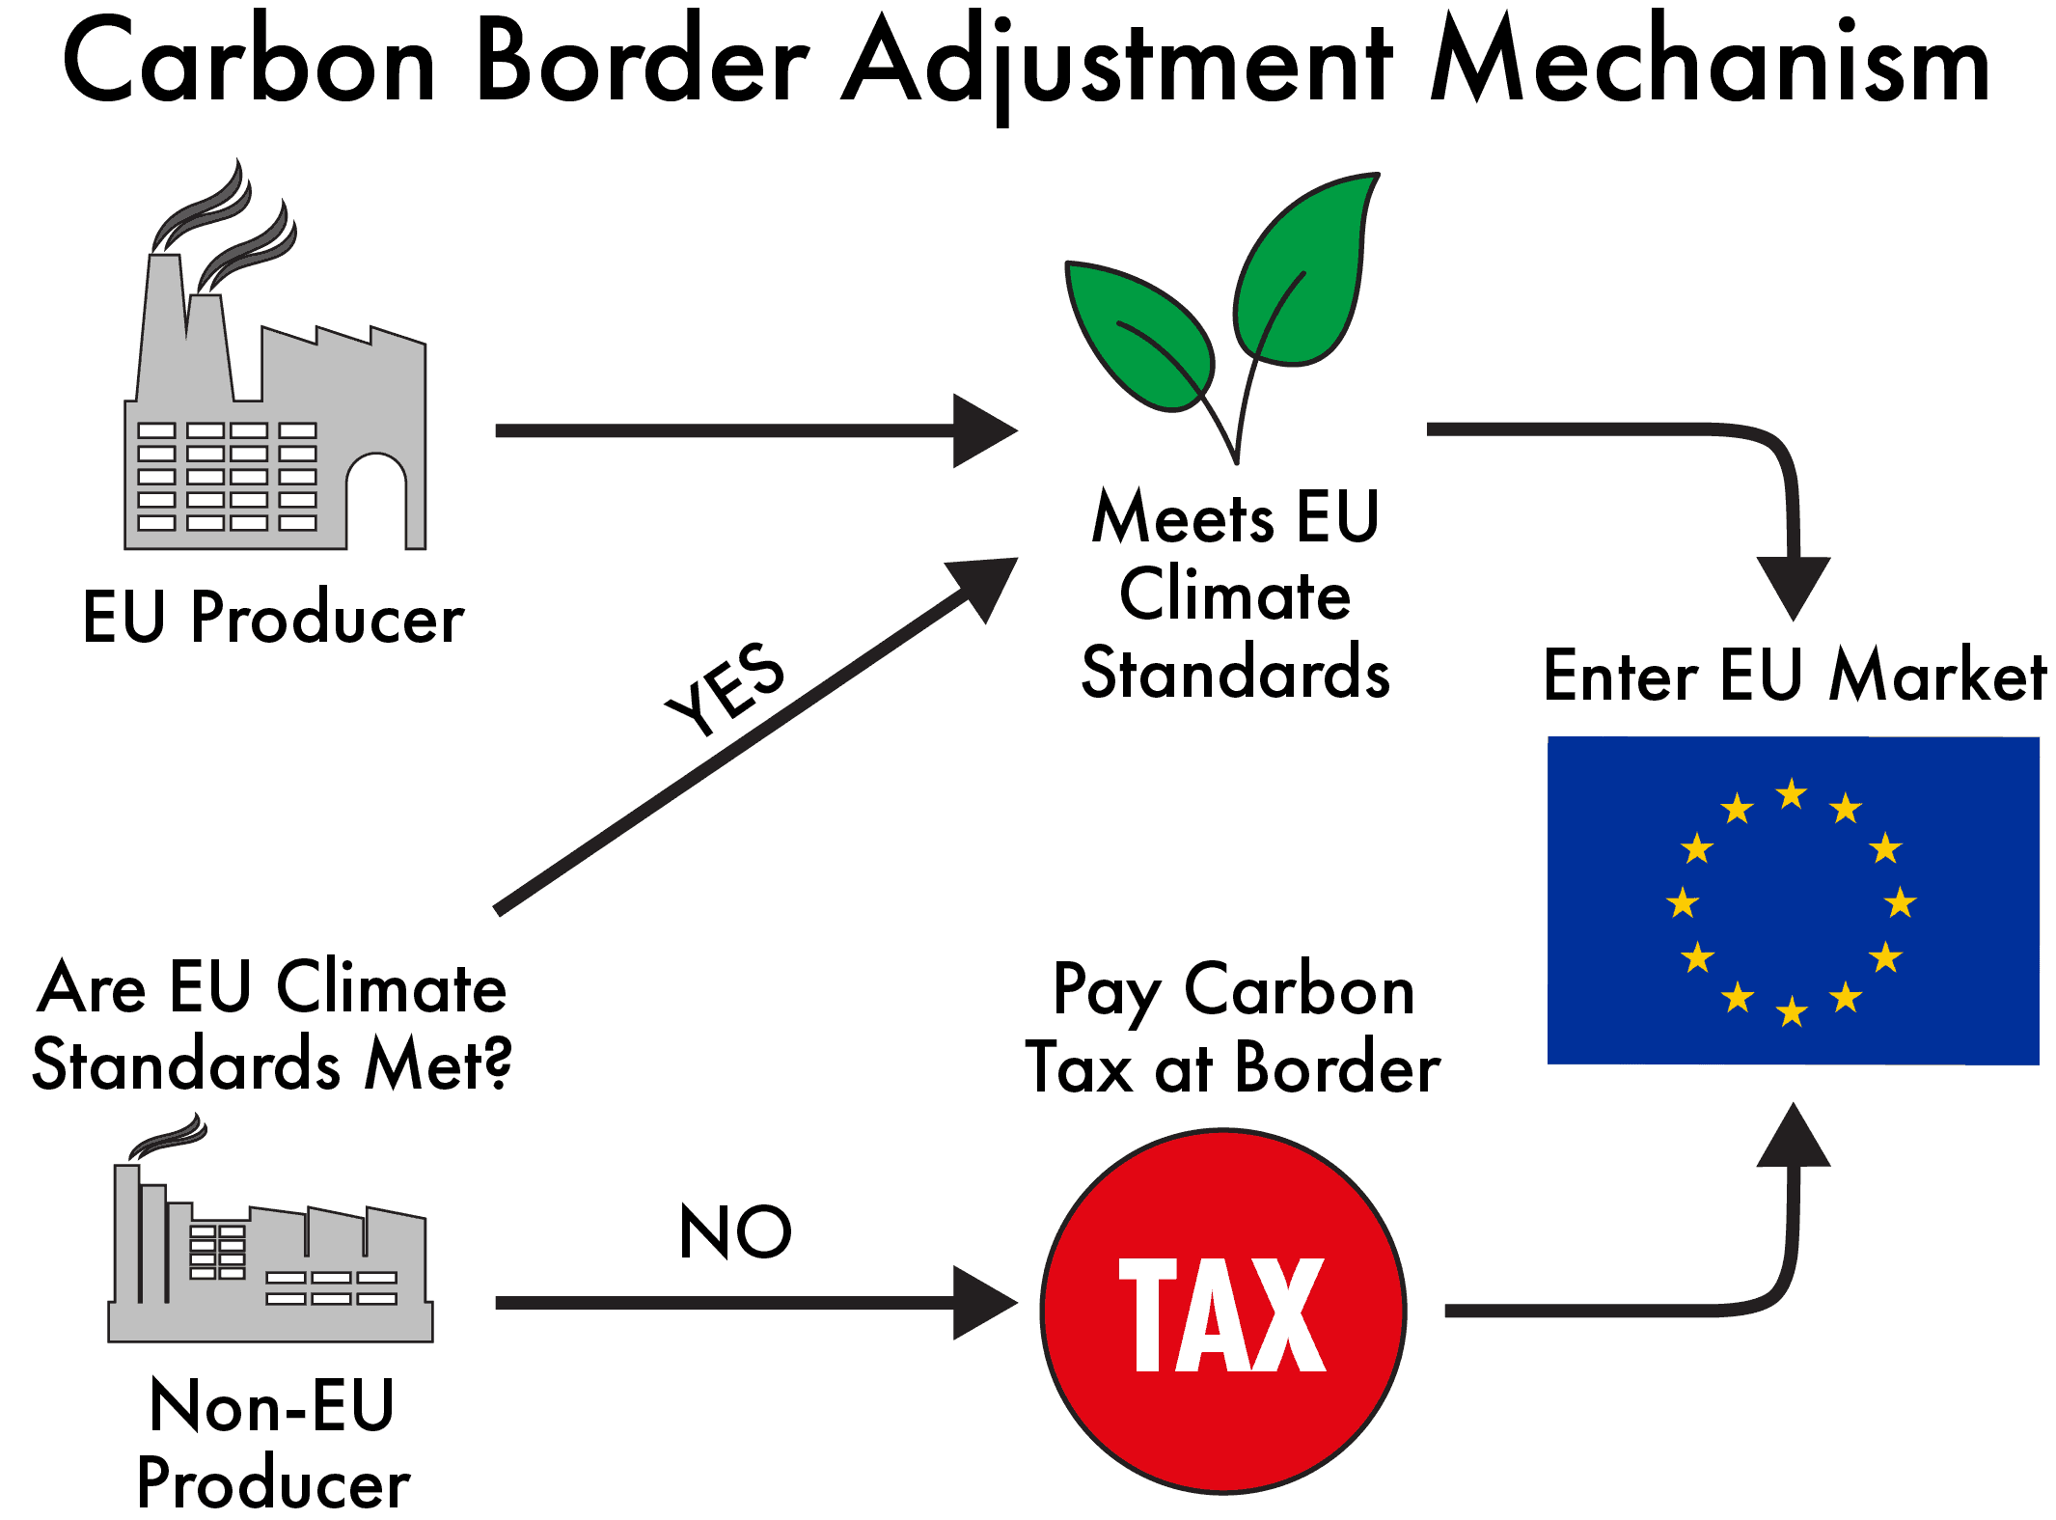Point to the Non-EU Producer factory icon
(x=270, y=1255)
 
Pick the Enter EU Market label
(x=1794, y=675)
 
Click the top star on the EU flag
(x=1792, y=794)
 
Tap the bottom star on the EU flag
(x=1792, y=1011)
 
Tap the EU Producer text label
(x=273, y=617)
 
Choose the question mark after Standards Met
(x=497, y=1064)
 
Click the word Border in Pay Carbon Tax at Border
(x=1337, y=1067)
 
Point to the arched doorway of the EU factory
(x=376, y=502)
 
